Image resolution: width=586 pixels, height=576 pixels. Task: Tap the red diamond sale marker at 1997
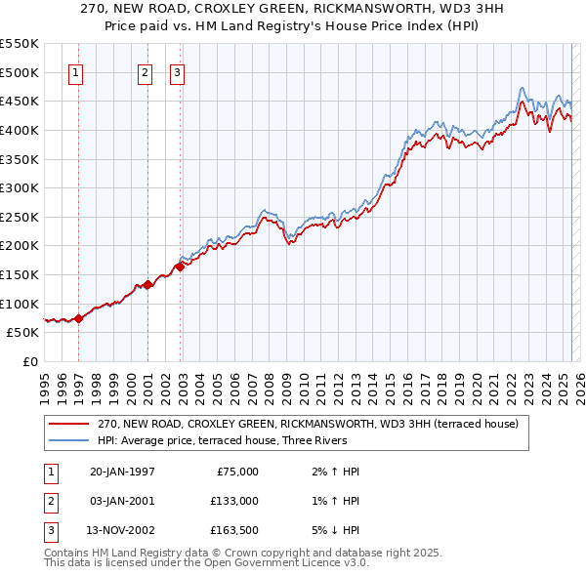[x=78, y=318]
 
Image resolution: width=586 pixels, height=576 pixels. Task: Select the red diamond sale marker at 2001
[x=147, y=285]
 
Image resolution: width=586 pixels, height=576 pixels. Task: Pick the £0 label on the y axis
[x=29, y=361]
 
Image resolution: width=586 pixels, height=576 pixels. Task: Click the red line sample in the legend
[x=70, y=424]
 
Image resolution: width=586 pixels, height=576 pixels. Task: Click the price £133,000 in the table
[x=234, y=501]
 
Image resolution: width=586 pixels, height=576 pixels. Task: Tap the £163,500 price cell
[x=234, y=531]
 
